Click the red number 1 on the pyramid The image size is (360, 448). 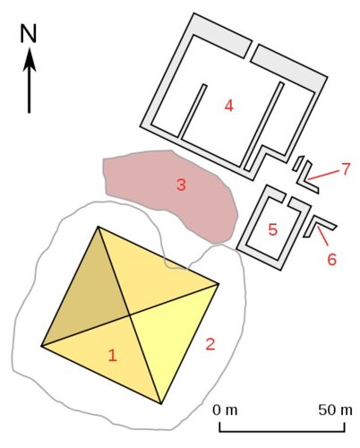tap(112, 356)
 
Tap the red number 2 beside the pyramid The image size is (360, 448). tap(210, 344)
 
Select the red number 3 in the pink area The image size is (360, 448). tap(181, 185)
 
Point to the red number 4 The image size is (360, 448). tap(228, 106)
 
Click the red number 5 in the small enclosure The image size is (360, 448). tap(273, 229)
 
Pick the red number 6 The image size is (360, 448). tap(331, 259)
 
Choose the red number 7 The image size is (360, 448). tap(346, 169)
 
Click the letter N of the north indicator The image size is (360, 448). tap(29, 33)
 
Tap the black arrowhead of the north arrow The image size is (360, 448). tap(30, 60)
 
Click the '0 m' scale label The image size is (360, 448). tap(225, 410)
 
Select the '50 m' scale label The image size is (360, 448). tap(335, 410)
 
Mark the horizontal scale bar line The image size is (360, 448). tap(282, 431)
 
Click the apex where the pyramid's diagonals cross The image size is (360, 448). tap(129, 314)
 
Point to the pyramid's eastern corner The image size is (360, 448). tap(219, 284)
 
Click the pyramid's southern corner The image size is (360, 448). tap(161, 404)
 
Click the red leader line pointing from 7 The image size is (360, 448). tap(324, 175)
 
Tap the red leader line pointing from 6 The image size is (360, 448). tap(322, 237)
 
